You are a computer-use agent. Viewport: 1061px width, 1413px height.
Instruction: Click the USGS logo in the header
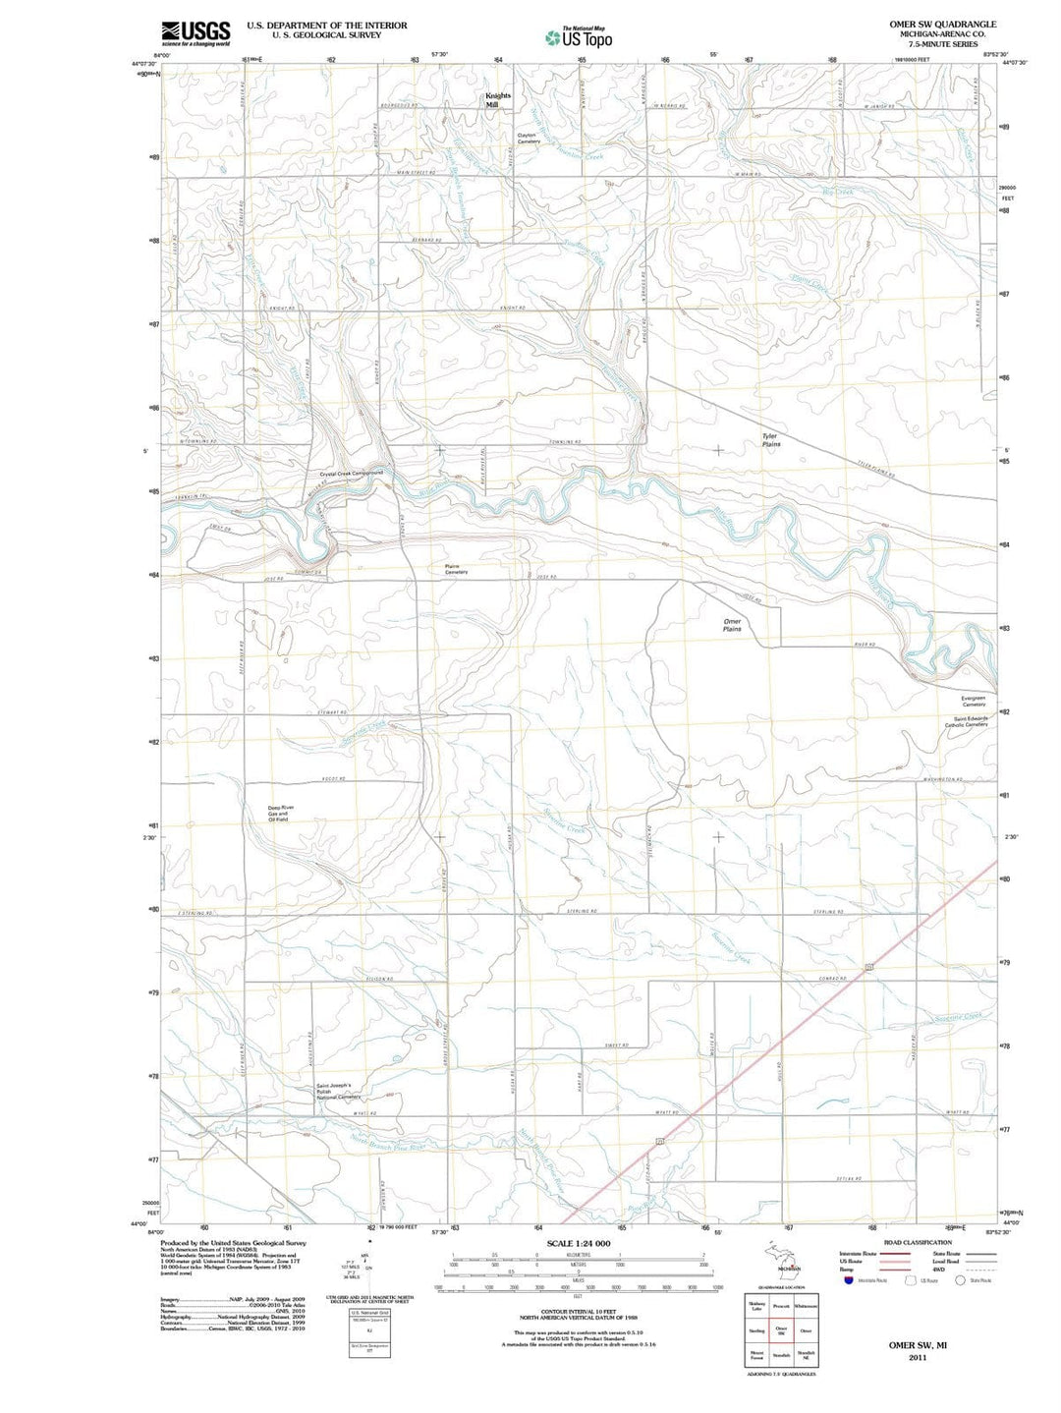tap(196, 32)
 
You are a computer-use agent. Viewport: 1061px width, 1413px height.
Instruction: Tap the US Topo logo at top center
tap(580, 37)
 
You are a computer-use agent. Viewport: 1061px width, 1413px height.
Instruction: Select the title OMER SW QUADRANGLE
tap(942, 25)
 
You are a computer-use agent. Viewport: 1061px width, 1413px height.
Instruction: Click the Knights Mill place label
tap(498, 100)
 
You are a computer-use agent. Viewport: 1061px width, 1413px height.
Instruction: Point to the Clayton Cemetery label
tap(529, 139)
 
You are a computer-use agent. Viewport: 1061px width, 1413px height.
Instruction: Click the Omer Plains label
tap(732, 625)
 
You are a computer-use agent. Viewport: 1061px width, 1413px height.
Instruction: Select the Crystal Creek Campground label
tap(351, 473)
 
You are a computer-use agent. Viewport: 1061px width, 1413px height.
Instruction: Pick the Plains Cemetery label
tap(456, 569)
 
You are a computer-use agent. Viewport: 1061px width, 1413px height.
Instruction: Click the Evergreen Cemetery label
tap(974, 701)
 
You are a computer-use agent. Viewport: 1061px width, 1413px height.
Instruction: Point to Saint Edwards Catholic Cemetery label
tap(966, 721)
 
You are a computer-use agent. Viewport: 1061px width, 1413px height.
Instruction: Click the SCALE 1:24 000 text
tap(579, 1243)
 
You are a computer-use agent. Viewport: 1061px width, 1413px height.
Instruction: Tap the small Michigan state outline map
tap(781, 1258)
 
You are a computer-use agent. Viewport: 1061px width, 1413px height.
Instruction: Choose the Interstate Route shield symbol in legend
tap(848, 1279)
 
